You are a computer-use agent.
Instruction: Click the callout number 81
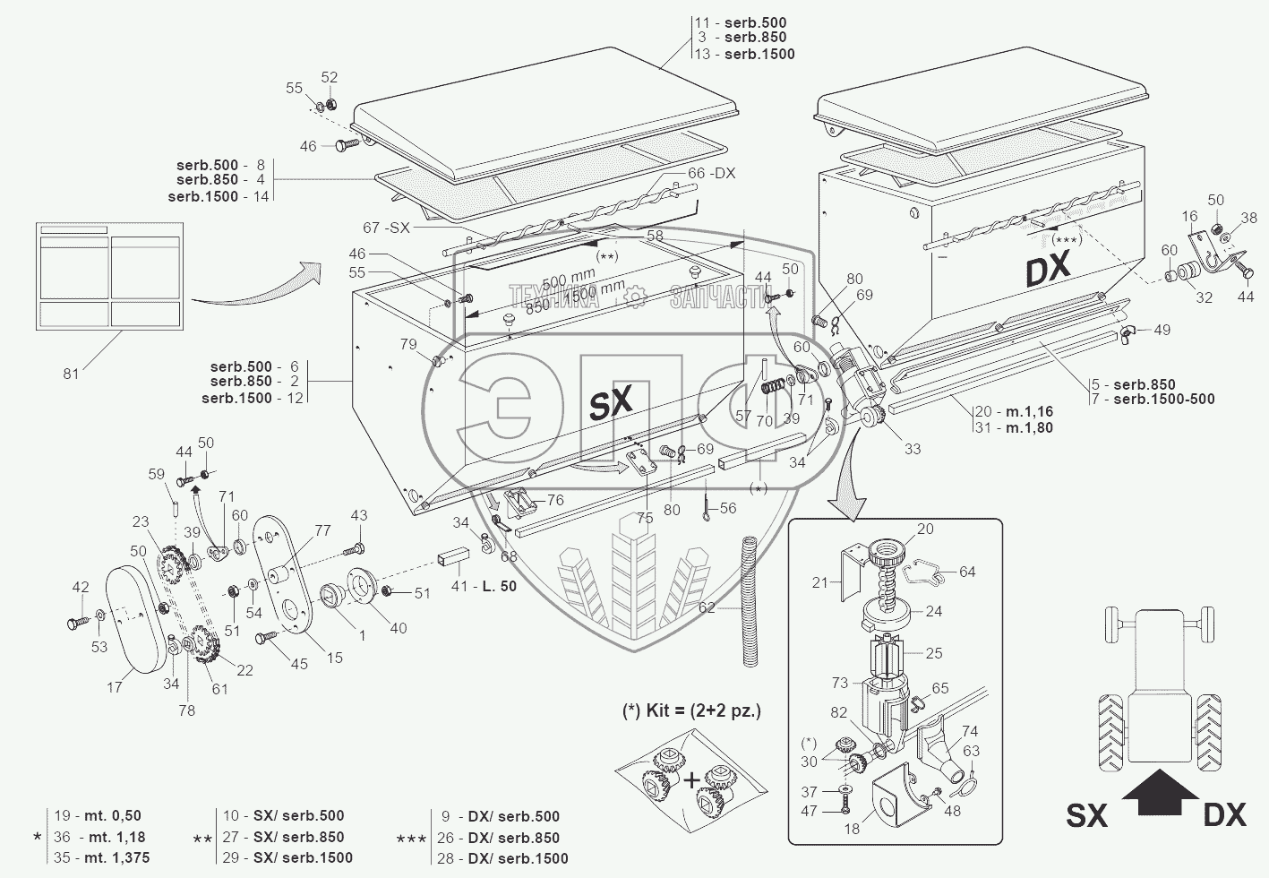[x=71, y=373]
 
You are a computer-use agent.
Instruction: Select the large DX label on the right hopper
[x=1049, y=270]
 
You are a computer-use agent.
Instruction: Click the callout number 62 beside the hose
[x=707, y=607]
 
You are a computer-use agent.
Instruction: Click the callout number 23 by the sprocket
[x=141, y=522]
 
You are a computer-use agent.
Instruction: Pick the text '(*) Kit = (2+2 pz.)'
[x=691, y=710]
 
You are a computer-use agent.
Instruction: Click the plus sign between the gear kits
[x=692, y=780]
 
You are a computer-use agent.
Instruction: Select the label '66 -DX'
[x=711, y=173]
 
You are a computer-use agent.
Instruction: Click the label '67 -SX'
[x=386, y=228]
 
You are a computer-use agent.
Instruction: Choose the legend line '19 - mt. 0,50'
[x=98, y=816]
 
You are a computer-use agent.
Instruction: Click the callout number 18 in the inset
[x=851, y=829]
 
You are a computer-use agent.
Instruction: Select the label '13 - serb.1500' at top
[x=744, y=54]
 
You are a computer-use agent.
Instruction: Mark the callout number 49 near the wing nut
[x=1161, y=331]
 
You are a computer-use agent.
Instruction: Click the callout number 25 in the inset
[x=933, y=653]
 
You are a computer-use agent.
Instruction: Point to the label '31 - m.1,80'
[x=1014, y=428]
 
